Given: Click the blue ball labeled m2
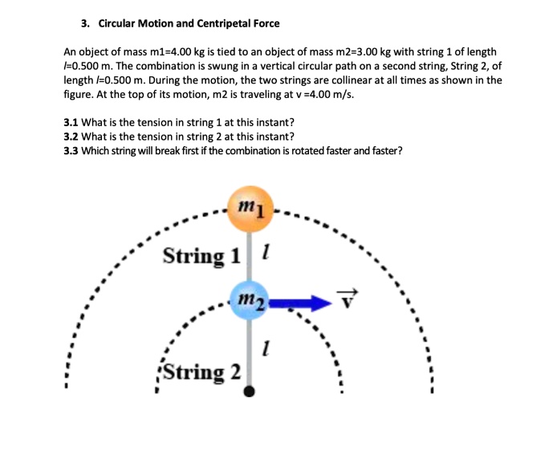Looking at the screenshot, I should pyautogui.click(x=250, y=301).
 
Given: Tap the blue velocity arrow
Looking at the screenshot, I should pyautogui.click(x=301, y=303).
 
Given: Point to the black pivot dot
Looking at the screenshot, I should pyautogui.click(x=250, y=391).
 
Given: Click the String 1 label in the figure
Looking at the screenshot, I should pyautogui.click(x=201, y=256).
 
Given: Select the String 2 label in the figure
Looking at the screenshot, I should pyautogui.click(x=201, y=372).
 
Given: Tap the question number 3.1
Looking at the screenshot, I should pyautogui.click(x=71, y=122).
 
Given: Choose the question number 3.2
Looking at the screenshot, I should pyautogui.click(x=71, y=137).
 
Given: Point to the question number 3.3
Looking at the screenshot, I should pyautogui.click(x=71, y=150).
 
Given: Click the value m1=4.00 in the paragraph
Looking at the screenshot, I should pyautogui.click(x=182, y=51).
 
